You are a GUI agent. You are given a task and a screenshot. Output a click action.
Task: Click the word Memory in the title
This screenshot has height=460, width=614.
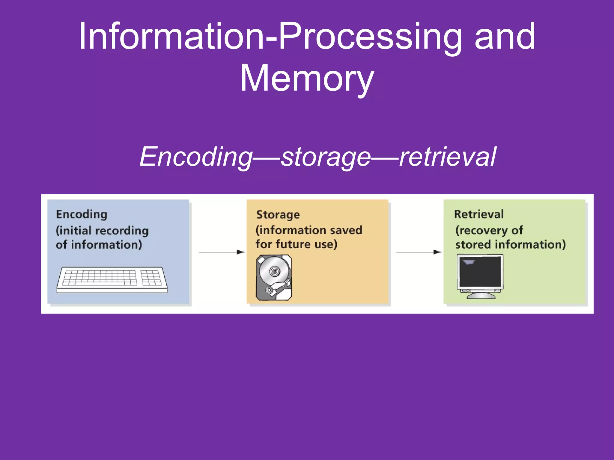point(307,78)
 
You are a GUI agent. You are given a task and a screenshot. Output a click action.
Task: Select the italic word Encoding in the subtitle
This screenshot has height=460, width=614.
point(196,157)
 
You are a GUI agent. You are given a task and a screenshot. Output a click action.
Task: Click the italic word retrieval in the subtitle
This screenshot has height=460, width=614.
point(448,156)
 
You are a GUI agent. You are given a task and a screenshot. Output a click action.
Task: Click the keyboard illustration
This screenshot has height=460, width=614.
point(112,280)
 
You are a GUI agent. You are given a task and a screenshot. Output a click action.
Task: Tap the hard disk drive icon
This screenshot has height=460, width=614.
point(274,277)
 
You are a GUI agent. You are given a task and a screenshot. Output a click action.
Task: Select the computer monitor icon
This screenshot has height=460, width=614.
point(480,276)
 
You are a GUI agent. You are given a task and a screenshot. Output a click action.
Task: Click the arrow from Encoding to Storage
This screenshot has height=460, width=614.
point(222,252)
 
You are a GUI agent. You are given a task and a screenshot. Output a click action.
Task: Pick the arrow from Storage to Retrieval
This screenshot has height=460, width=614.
point(418,252)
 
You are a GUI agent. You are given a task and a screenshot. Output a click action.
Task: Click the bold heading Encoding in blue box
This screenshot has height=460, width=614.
point(82,214)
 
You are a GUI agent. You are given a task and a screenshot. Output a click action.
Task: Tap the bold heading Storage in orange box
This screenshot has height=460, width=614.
point(278,215)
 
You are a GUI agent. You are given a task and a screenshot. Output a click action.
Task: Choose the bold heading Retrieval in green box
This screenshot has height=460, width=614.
point(479,214)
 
